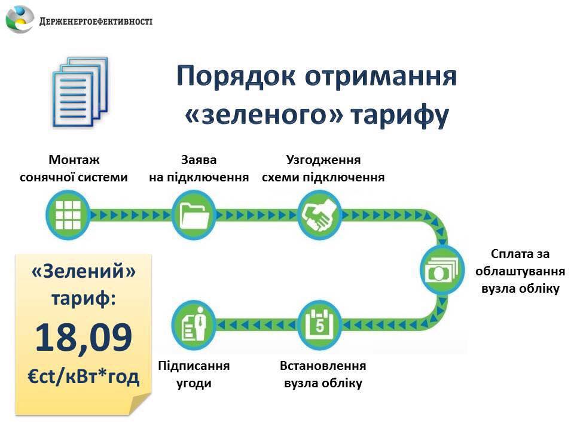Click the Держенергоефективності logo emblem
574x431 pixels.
(x=19, y=20)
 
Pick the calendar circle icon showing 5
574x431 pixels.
(x=319, y=324)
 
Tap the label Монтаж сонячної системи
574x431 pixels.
(x=74, y=169)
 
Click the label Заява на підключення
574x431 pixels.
(x=199, y=169)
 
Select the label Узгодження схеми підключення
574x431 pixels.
(x=323, y=169)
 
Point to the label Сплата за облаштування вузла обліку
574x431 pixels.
(x=520, y=271)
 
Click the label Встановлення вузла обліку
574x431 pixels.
(x=323, y=374)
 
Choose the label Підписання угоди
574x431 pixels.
(x=194, y=374)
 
